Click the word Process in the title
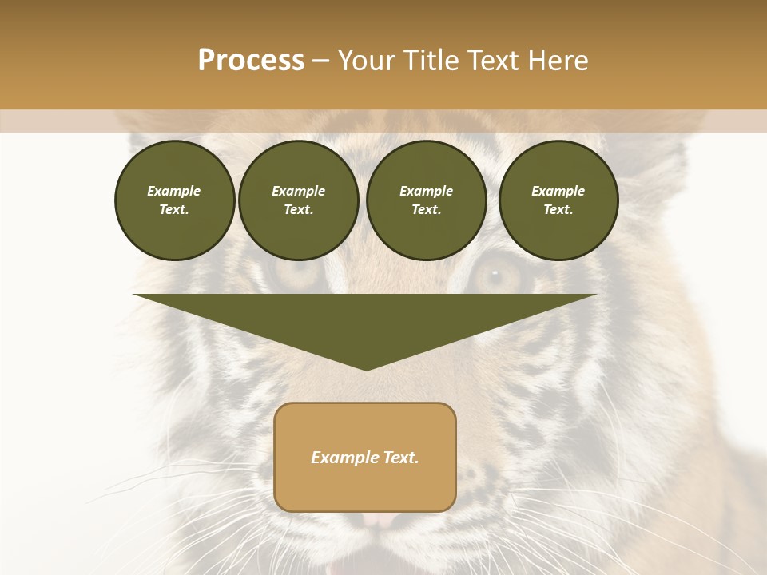251,61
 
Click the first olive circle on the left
174,200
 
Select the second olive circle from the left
298,200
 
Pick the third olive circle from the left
426,200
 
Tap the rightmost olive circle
558,200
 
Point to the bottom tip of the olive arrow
366,370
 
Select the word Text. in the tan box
399,458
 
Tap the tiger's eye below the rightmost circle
493,275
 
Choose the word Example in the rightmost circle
558,191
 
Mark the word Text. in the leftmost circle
174,210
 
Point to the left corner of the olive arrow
135,295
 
